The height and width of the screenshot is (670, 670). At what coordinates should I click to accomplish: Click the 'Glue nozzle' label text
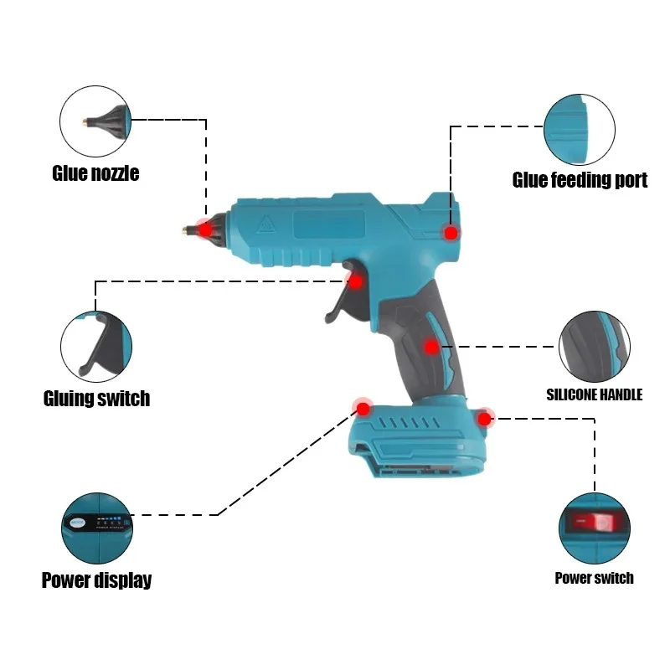click(95, 173)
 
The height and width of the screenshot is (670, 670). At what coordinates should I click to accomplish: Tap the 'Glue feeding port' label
click(580, 180)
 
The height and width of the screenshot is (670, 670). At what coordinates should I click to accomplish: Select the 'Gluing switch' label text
click(96, 399)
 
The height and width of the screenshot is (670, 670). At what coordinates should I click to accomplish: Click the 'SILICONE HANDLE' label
click(595, 394)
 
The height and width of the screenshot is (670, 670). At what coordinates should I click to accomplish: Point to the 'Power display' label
click(96, 580)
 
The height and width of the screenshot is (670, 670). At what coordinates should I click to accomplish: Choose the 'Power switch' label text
click(594, 578)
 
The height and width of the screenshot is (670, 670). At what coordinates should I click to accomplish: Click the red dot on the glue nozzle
click(205, 229)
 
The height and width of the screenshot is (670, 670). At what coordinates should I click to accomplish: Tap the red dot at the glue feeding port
click(451, 233)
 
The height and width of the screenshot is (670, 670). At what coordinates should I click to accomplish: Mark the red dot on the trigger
click(355, 281)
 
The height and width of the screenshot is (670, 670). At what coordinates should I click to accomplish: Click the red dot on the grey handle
click(431, 347)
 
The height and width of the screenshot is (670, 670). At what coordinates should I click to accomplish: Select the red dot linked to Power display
click(363, 409)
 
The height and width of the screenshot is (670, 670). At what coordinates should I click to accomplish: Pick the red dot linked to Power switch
click(484, 418)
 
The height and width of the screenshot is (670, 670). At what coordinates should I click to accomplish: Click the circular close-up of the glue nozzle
click(95, 121)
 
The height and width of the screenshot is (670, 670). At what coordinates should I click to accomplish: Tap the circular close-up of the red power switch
click(595, 528)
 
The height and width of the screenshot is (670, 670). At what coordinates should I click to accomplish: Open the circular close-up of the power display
click(97, 528)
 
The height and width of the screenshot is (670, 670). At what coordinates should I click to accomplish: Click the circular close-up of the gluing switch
click(96, 347)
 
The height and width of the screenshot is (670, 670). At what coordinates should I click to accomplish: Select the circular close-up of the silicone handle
click(595, 347)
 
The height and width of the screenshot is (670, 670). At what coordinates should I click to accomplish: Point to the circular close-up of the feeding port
click(580, 130)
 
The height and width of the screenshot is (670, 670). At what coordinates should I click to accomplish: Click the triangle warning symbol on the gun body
click(265, 224)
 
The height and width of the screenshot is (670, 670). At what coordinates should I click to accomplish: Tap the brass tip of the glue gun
click(186, 230)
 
